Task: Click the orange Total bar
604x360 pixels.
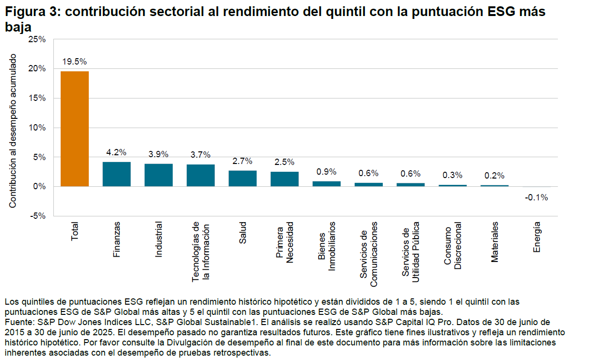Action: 75,129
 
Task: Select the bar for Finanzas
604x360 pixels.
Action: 116,174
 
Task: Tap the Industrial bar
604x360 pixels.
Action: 159,175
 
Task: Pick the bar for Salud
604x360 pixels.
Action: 243,179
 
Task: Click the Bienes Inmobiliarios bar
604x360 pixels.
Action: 326,184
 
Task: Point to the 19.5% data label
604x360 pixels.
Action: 75,62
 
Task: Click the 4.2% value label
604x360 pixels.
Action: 116,152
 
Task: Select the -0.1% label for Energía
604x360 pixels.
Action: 537,197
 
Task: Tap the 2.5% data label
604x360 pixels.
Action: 284,162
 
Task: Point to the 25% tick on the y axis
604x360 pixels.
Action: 37,39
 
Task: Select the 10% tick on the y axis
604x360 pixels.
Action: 37,128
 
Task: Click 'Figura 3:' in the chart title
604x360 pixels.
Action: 31,12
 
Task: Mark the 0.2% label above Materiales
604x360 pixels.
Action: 494,176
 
